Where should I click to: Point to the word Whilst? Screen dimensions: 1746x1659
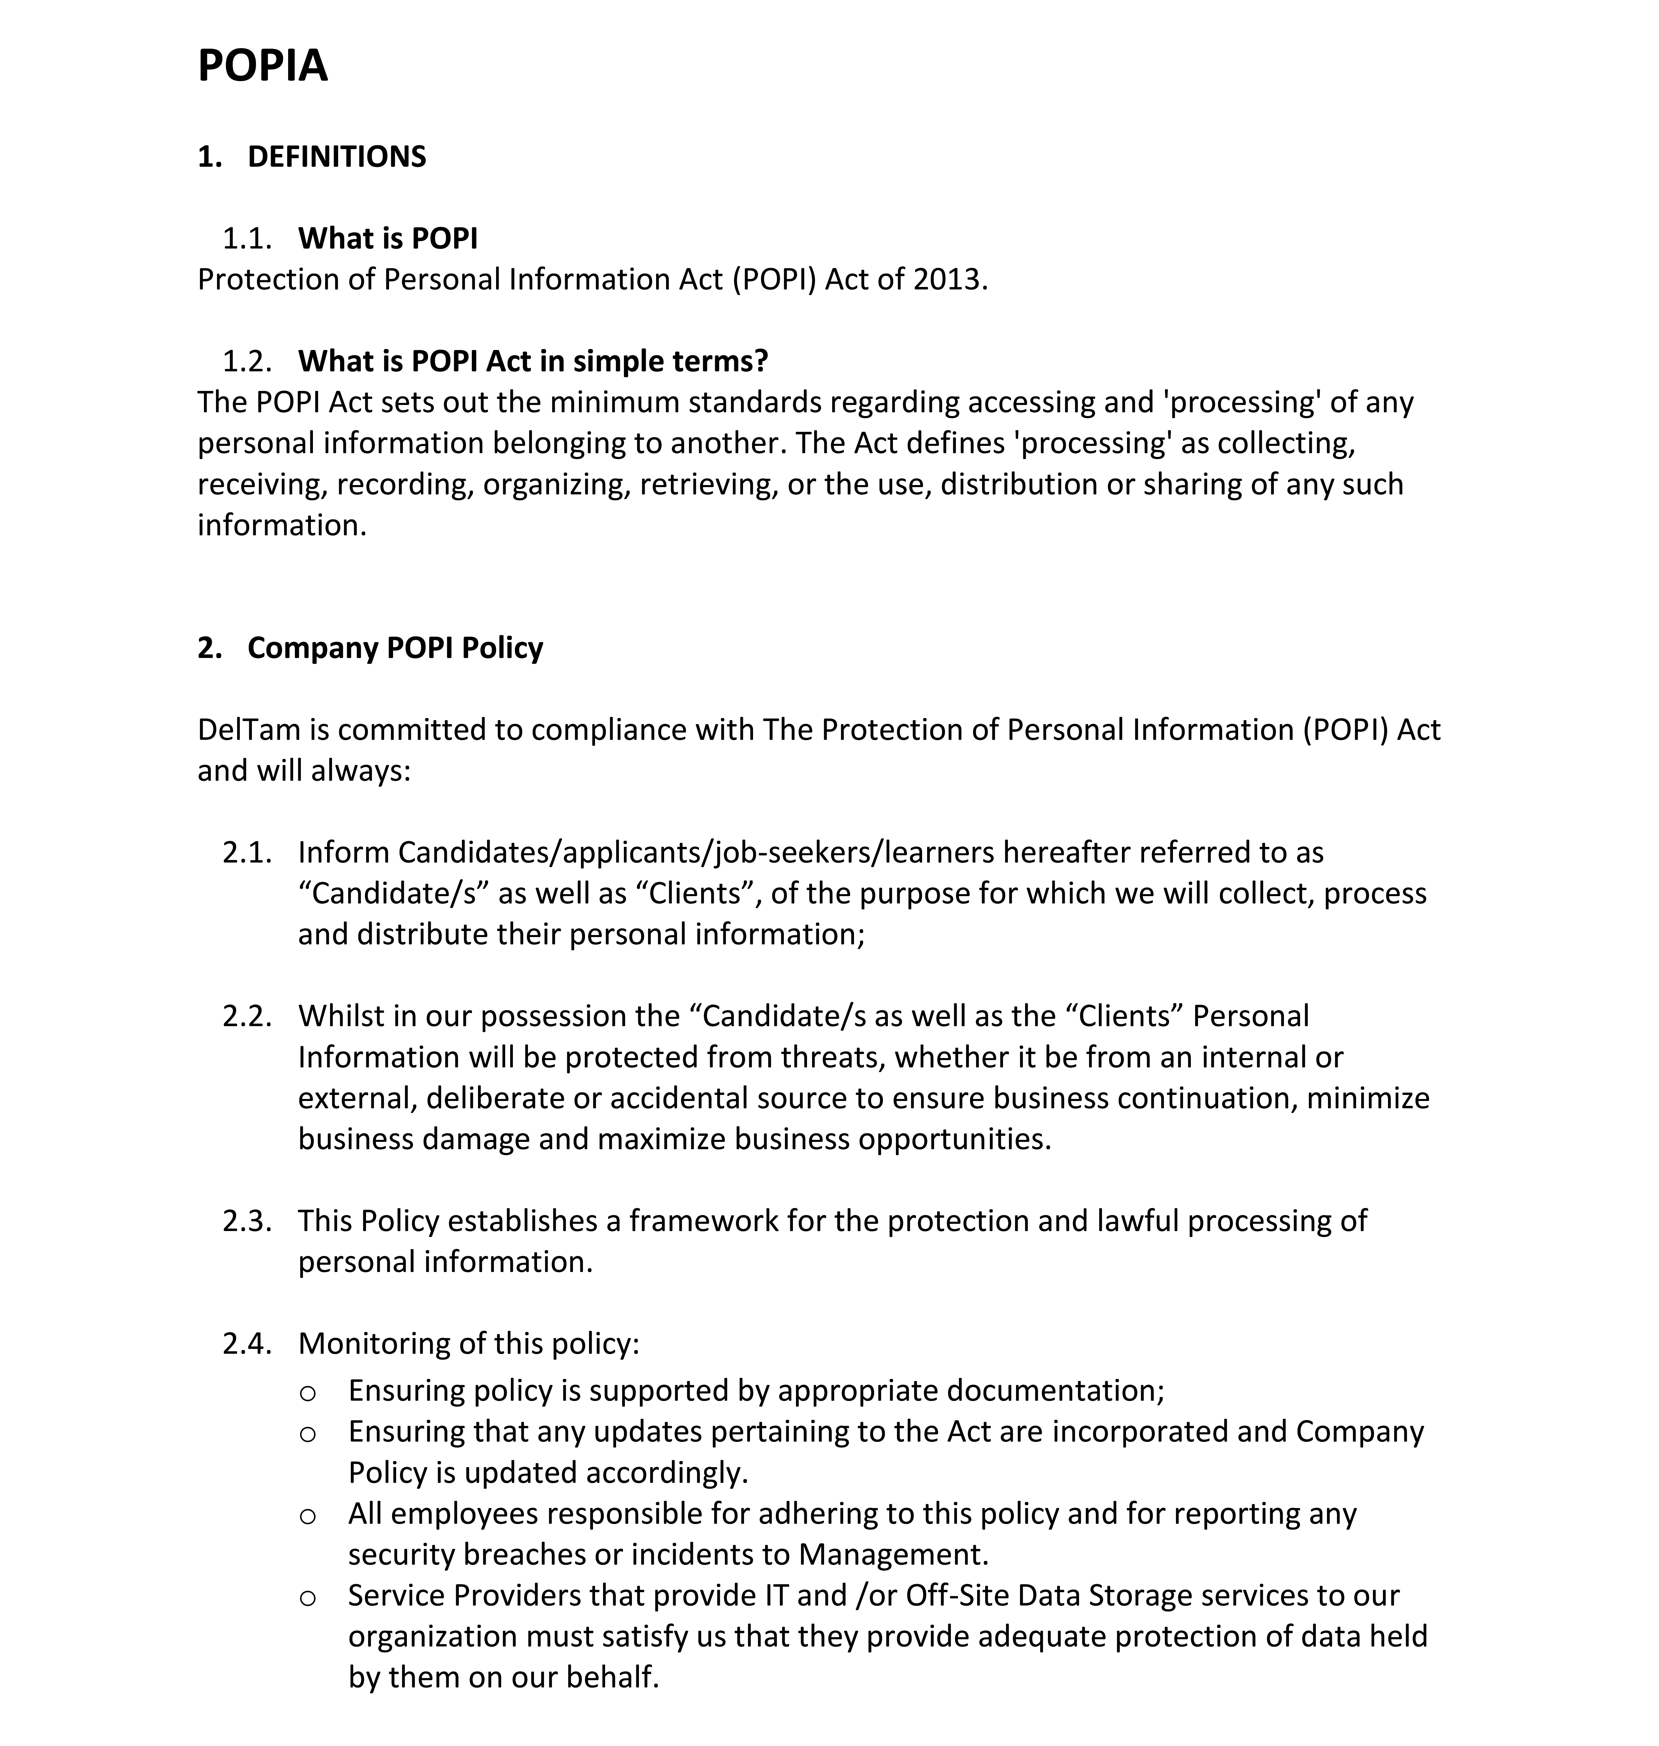(340, 1017)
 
